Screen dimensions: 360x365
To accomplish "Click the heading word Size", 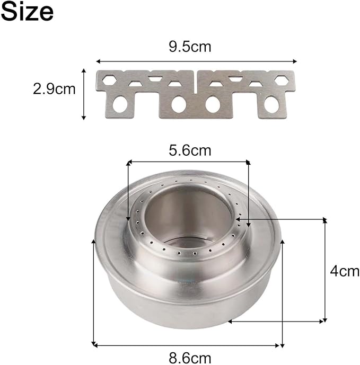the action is (27, 12).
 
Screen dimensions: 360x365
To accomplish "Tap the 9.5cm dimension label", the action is (190, 47).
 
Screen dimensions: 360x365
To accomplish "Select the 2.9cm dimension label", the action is (54, 88).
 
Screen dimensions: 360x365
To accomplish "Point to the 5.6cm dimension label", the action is (190, 150).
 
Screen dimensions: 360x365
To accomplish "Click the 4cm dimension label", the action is (345, 271).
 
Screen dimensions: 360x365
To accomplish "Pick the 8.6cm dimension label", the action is (190, 358).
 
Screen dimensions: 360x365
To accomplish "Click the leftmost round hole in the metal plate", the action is (120, 104).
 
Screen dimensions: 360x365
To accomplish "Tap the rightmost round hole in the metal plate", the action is (271, 104).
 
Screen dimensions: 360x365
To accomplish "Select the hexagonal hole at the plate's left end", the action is (110, 80).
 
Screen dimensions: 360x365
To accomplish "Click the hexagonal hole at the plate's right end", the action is (282, 80).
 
